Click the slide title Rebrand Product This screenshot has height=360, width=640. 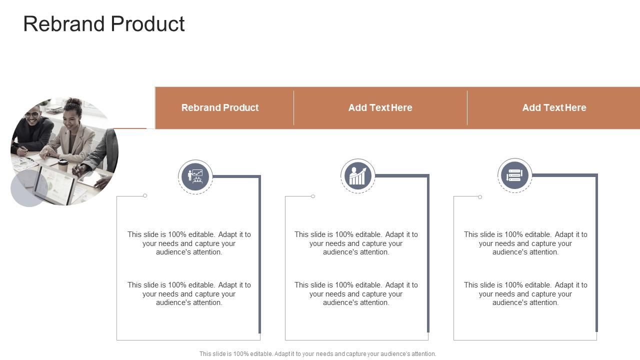104,24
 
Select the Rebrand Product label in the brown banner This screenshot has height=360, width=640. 220,107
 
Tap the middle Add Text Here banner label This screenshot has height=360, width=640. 380,107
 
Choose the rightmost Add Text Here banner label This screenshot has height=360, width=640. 554,107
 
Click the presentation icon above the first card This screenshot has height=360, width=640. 195,176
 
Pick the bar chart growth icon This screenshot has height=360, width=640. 357,176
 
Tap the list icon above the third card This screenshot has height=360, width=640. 514,175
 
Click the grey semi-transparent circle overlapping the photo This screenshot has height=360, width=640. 29,188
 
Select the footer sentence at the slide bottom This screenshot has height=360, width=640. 317,353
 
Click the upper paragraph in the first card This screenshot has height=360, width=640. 189,243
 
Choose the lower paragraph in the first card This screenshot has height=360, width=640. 189,293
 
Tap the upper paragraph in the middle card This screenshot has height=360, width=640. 356,243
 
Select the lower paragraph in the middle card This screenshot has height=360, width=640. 356,293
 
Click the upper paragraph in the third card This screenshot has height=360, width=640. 525,243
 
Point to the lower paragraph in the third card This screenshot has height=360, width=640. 525,293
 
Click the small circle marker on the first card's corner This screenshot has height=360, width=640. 145,195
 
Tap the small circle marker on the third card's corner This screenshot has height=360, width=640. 480,197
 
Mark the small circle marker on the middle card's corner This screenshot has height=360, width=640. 313,196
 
